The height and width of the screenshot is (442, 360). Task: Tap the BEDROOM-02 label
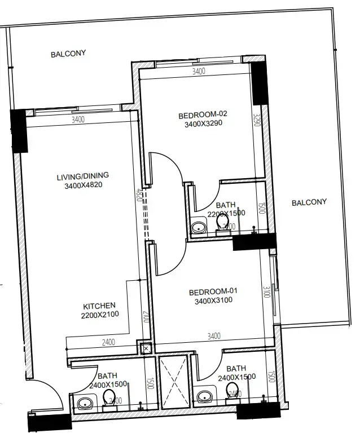tap(202, 116)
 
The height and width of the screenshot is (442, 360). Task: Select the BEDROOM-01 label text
tap(213, 291)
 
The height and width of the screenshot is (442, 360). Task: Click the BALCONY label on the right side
tap(309, 202)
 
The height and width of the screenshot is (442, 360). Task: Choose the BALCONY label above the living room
tap(68, 54)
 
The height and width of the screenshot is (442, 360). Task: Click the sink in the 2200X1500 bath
tap(198, 228)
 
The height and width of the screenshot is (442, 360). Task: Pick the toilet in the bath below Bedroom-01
tap(231, 390)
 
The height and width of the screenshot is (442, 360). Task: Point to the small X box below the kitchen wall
tap(146, 349)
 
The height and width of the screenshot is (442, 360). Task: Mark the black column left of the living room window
tap(19, 131)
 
